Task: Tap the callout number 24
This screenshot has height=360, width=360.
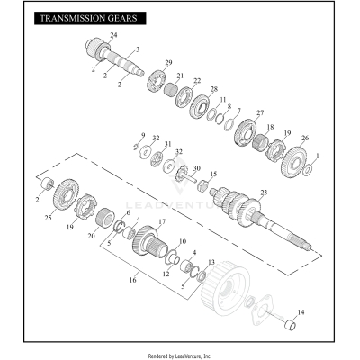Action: coord(112,34)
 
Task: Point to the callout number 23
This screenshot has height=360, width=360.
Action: coord(264,193)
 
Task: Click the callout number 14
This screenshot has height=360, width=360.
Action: coord(301,311)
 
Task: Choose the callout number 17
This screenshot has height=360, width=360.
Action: coord(162,221)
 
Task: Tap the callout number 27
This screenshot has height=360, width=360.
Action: coord(260,112)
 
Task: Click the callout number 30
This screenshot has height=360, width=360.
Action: coord(196,168)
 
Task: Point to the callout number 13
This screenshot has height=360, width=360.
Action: coord(211,263)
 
